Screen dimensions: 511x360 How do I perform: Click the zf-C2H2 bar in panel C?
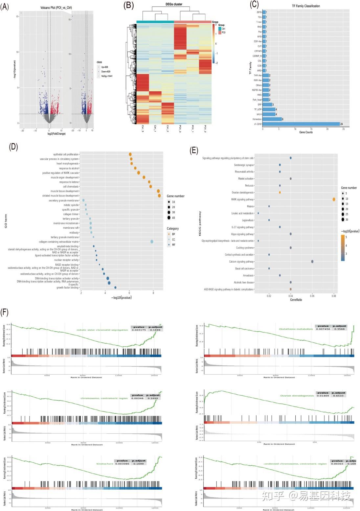point(301,124)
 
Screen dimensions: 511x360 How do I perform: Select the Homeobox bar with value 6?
point(272,119)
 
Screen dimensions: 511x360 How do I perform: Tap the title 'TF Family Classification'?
point(305,6)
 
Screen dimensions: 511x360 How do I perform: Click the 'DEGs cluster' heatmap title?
point(174,4)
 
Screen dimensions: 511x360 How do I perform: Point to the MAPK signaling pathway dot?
point(334,199)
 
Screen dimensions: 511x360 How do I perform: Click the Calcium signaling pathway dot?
point(312,262)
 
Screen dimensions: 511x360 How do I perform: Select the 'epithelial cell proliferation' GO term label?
point(66,154)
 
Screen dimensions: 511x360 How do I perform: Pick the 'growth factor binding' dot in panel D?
point(115,288)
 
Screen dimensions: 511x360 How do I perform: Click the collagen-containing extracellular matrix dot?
point(152,242)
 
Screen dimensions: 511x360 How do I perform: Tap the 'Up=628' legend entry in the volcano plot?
point(104,67)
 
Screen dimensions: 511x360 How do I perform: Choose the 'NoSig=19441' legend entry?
point(106,76)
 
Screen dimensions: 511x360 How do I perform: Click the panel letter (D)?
point(13,147)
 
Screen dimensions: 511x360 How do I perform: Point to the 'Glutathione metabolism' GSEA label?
point(296,329)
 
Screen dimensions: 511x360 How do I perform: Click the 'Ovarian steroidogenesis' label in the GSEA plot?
point(297,396)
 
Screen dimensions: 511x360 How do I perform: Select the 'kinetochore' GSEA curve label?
point(105,464)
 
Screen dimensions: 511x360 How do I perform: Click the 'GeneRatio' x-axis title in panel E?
point(296,300)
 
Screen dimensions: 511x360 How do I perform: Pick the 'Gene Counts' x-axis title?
point(306,132)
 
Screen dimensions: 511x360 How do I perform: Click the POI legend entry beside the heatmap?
point(223,33)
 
